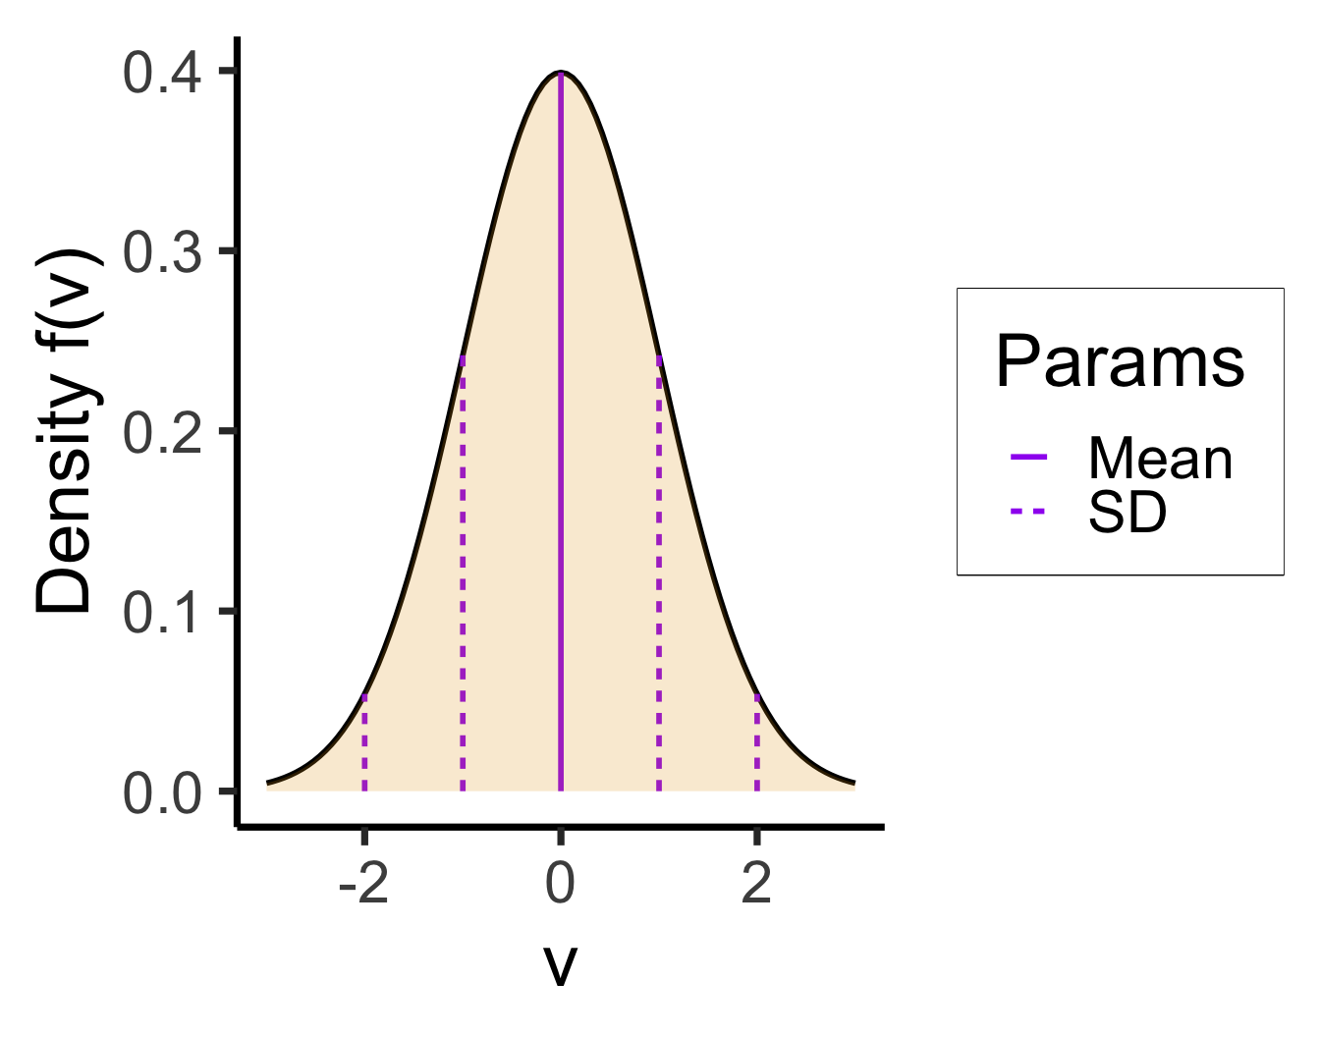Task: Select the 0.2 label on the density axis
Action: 162,432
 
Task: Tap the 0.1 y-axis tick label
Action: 162,612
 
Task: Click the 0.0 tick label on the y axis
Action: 162,792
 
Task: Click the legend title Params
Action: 1120,361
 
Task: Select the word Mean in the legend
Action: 1160,458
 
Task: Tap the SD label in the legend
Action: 1127,511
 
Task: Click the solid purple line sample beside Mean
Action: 1028,457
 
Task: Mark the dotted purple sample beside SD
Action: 1028,511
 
